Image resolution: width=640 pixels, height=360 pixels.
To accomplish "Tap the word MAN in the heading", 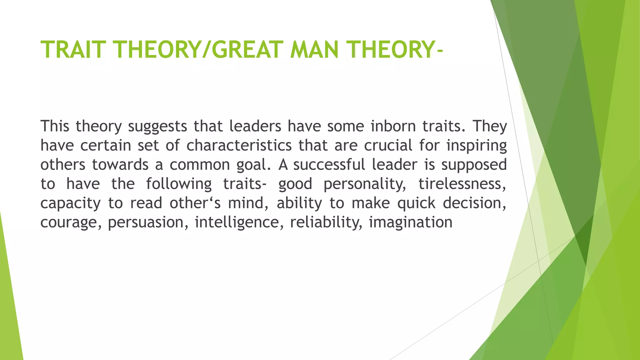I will pos(314,50).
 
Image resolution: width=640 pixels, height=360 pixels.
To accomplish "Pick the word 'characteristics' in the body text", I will pos(239,146).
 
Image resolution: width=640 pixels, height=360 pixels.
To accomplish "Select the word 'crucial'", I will pos(388,146).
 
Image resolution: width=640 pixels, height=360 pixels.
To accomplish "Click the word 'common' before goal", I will pos(200,165).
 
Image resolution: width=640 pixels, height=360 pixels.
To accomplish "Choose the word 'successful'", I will pos(329,165).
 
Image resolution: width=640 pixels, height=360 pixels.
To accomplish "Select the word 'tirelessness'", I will pos(462,184).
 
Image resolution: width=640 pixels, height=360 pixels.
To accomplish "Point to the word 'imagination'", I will pos(411,222).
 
